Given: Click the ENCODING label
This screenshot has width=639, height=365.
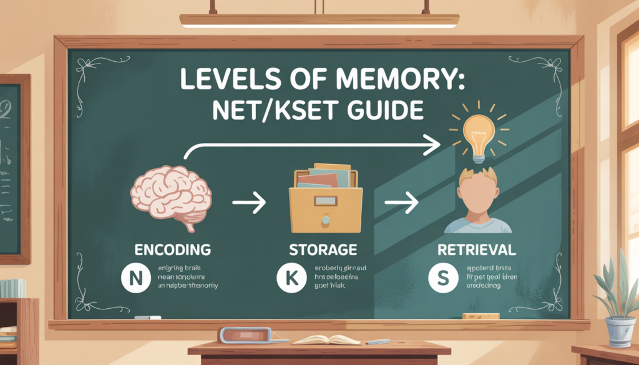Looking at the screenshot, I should pos(173,250).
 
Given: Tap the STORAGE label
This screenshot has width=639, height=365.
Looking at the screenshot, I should pos(323,250).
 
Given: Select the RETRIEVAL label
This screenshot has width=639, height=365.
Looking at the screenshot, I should pos(477,250).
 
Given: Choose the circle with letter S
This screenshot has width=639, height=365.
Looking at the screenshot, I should pos(441,279).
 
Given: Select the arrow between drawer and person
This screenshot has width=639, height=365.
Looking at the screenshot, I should pos(401,203).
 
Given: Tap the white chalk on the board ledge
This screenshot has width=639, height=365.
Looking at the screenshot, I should pos(147,318).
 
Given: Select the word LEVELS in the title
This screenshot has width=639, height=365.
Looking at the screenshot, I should pos(218,79).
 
